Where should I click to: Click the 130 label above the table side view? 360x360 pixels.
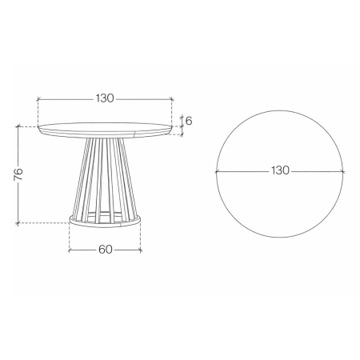coord(105,98)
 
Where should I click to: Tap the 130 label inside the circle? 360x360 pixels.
coord(280,170)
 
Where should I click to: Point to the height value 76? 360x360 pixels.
coord(18,174)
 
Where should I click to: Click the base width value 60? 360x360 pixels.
coord(105,249)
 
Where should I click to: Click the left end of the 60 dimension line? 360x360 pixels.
coord(70,249)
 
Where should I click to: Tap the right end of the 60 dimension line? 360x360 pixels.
coord(141,249)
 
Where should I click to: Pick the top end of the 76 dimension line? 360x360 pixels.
coord(18,126)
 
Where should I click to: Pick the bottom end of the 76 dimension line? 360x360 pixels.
coord(18,222)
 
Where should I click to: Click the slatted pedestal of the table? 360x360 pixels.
coord(105,176)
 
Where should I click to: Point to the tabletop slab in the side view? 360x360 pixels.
coord(105,128)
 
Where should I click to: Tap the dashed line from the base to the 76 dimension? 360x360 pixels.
coord(44,222)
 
